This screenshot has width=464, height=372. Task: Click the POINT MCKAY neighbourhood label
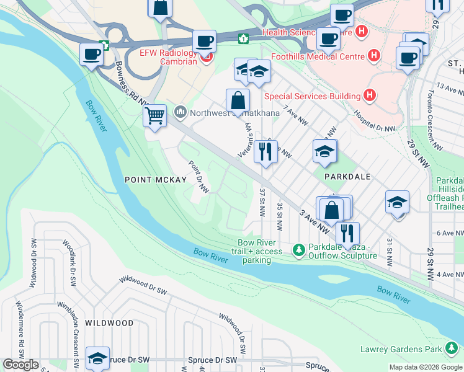[x=155, y=180]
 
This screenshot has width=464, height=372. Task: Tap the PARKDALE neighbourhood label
[x=348, y=176]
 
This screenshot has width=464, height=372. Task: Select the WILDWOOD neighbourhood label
[x=109, y=323]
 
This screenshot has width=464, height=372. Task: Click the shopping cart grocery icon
[x=154, y=115]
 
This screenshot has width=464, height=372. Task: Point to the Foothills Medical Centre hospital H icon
[x=374, y=56]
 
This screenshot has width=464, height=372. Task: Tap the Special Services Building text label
[x=312, y=96]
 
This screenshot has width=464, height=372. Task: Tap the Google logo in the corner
[x=20, y=365]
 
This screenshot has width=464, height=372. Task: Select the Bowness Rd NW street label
[x=132, y=82]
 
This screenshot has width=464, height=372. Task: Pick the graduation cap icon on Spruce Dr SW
[x=97, y=358]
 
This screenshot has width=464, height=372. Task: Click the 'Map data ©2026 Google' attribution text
[x=426, y=367]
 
